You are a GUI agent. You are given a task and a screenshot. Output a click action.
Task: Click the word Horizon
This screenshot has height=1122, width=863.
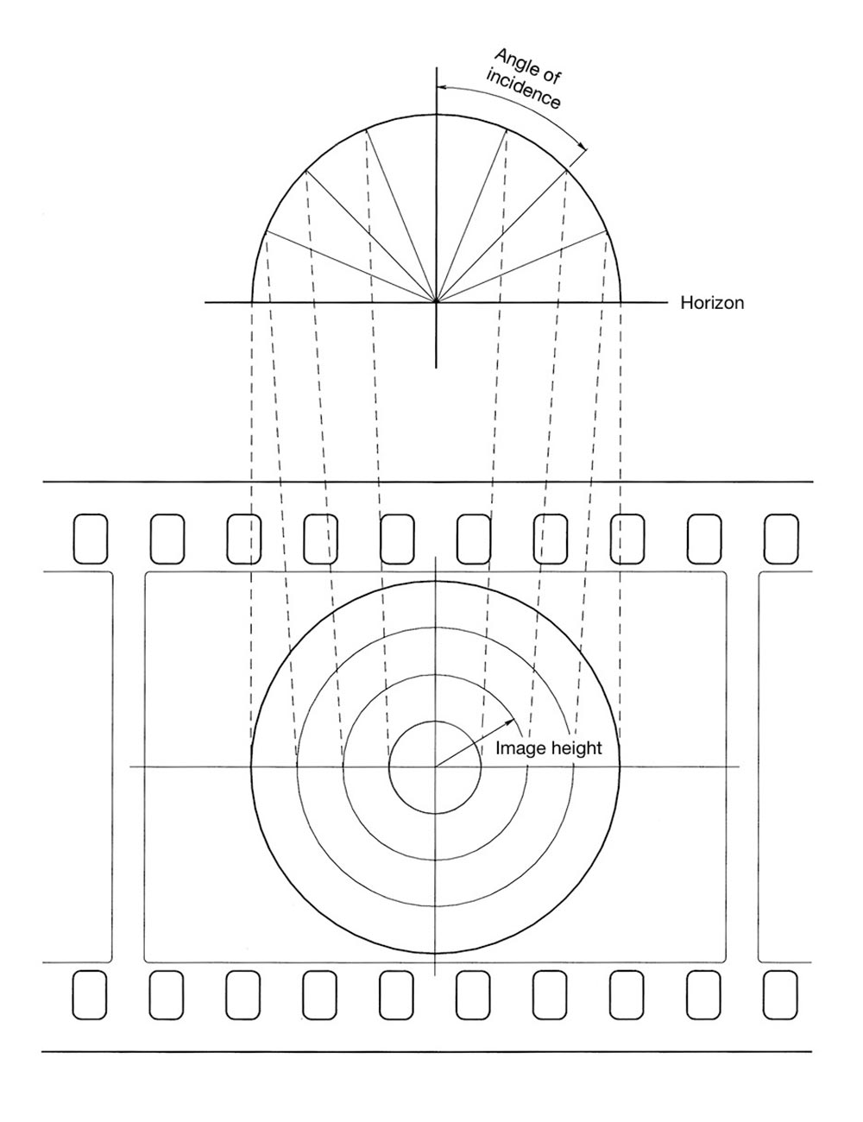pos(712,302)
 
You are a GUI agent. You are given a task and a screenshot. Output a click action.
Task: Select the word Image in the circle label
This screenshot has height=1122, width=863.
pos(518,747)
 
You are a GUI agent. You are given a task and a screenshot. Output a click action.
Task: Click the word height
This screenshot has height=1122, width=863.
pos(574,747)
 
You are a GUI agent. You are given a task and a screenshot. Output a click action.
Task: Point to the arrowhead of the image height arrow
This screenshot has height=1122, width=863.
pos(511,721)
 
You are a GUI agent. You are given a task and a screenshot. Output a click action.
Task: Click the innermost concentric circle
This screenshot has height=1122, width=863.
pos(435,721)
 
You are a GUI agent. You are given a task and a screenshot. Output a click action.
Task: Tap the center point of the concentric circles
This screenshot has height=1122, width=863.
pos(436,766)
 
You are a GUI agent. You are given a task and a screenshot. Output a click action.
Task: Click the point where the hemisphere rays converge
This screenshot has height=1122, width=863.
pos(436,301)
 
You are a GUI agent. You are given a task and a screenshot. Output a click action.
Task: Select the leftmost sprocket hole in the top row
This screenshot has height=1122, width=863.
pos(91,539)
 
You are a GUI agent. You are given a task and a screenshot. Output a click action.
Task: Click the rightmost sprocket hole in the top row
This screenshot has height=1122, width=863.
pos(781,539)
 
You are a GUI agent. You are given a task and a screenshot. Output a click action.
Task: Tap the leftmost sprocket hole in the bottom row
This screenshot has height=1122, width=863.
pos(89,995)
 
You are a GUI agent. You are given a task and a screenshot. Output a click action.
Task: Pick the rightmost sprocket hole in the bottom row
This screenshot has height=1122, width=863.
pos(780,995)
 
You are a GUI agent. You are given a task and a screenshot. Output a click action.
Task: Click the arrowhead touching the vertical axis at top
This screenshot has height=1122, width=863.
pos(440,86)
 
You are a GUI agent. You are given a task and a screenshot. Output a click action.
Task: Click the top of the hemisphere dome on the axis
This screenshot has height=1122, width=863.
pos(436,114)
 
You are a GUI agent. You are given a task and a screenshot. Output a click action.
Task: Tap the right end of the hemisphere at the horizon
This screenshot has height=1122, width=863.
pos(620,301)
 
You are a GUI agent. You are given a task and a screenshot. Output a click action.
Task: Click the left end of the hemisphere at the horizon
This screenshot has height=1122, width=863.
pos(251,301)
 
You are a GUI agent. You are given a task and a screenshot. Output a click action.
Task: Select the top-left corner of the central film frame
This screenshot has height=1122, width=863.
pos(146,572)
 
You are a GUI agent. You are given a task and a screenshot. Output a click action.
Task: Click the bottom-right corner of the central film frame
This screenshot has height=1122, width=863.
pos(727,962)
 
